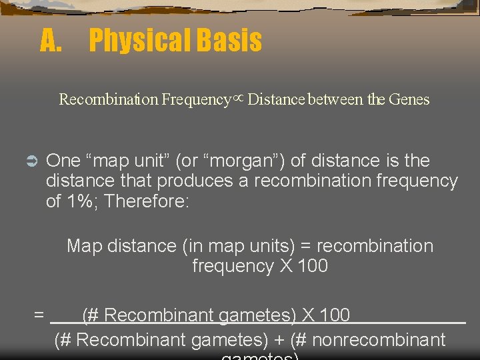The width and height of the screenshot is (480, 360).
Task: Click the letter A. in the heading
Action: [x=51, y=41]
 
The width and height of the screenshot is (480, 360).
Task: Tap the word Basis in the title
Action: [x=229, y=41]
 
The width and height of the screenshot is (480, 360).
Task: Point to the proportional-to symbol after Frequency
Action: [x=239, y=99]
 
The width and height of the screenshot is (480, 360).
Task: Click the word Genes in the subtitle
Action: [x=409, y=100]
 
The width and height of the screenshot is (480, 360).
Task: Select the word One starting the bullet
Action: [x=63, y=161]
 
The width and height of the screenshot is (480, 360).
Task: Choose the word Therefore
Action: [x=147, y=201]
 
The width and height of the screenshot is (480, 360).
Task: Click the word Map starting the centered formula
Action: [x=84, y=246]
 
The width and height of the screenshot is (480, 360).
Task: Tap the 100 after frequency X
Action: [x=313, y=266]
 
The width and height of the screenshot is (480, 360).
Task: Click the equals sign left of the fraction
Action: [x=39, y=315]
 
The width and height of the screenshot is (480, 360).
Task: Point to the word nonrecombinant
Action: [x=379, y=340]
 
